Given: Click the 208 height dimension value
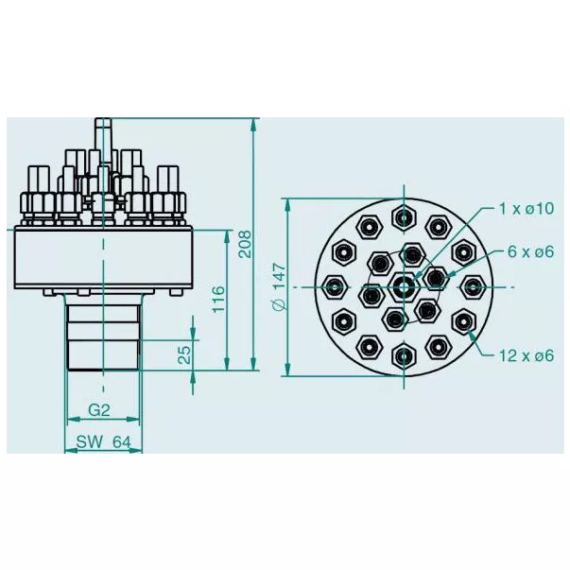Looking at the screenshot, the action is pos(245,244).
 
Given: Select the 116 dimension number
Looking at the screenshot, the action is pos(218,300).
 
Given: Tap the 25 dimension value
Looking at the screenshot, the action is pos(184,355).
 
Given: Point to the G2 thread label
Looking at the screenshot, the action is pos(99,410).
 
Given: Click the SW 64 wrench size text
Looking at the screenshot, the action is pos(103,442).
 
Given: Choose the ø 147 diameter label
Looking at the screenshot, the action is pos(280,286).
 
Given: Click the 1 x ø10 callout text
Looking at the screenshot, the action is pos(527,209).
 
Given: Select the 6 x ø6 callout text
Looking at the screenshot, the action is pos(530,251).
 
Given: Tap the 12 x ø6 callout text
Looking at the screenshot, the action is pos(527,355).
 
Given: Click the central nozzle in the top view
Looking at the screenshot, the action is pos(404,287).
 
